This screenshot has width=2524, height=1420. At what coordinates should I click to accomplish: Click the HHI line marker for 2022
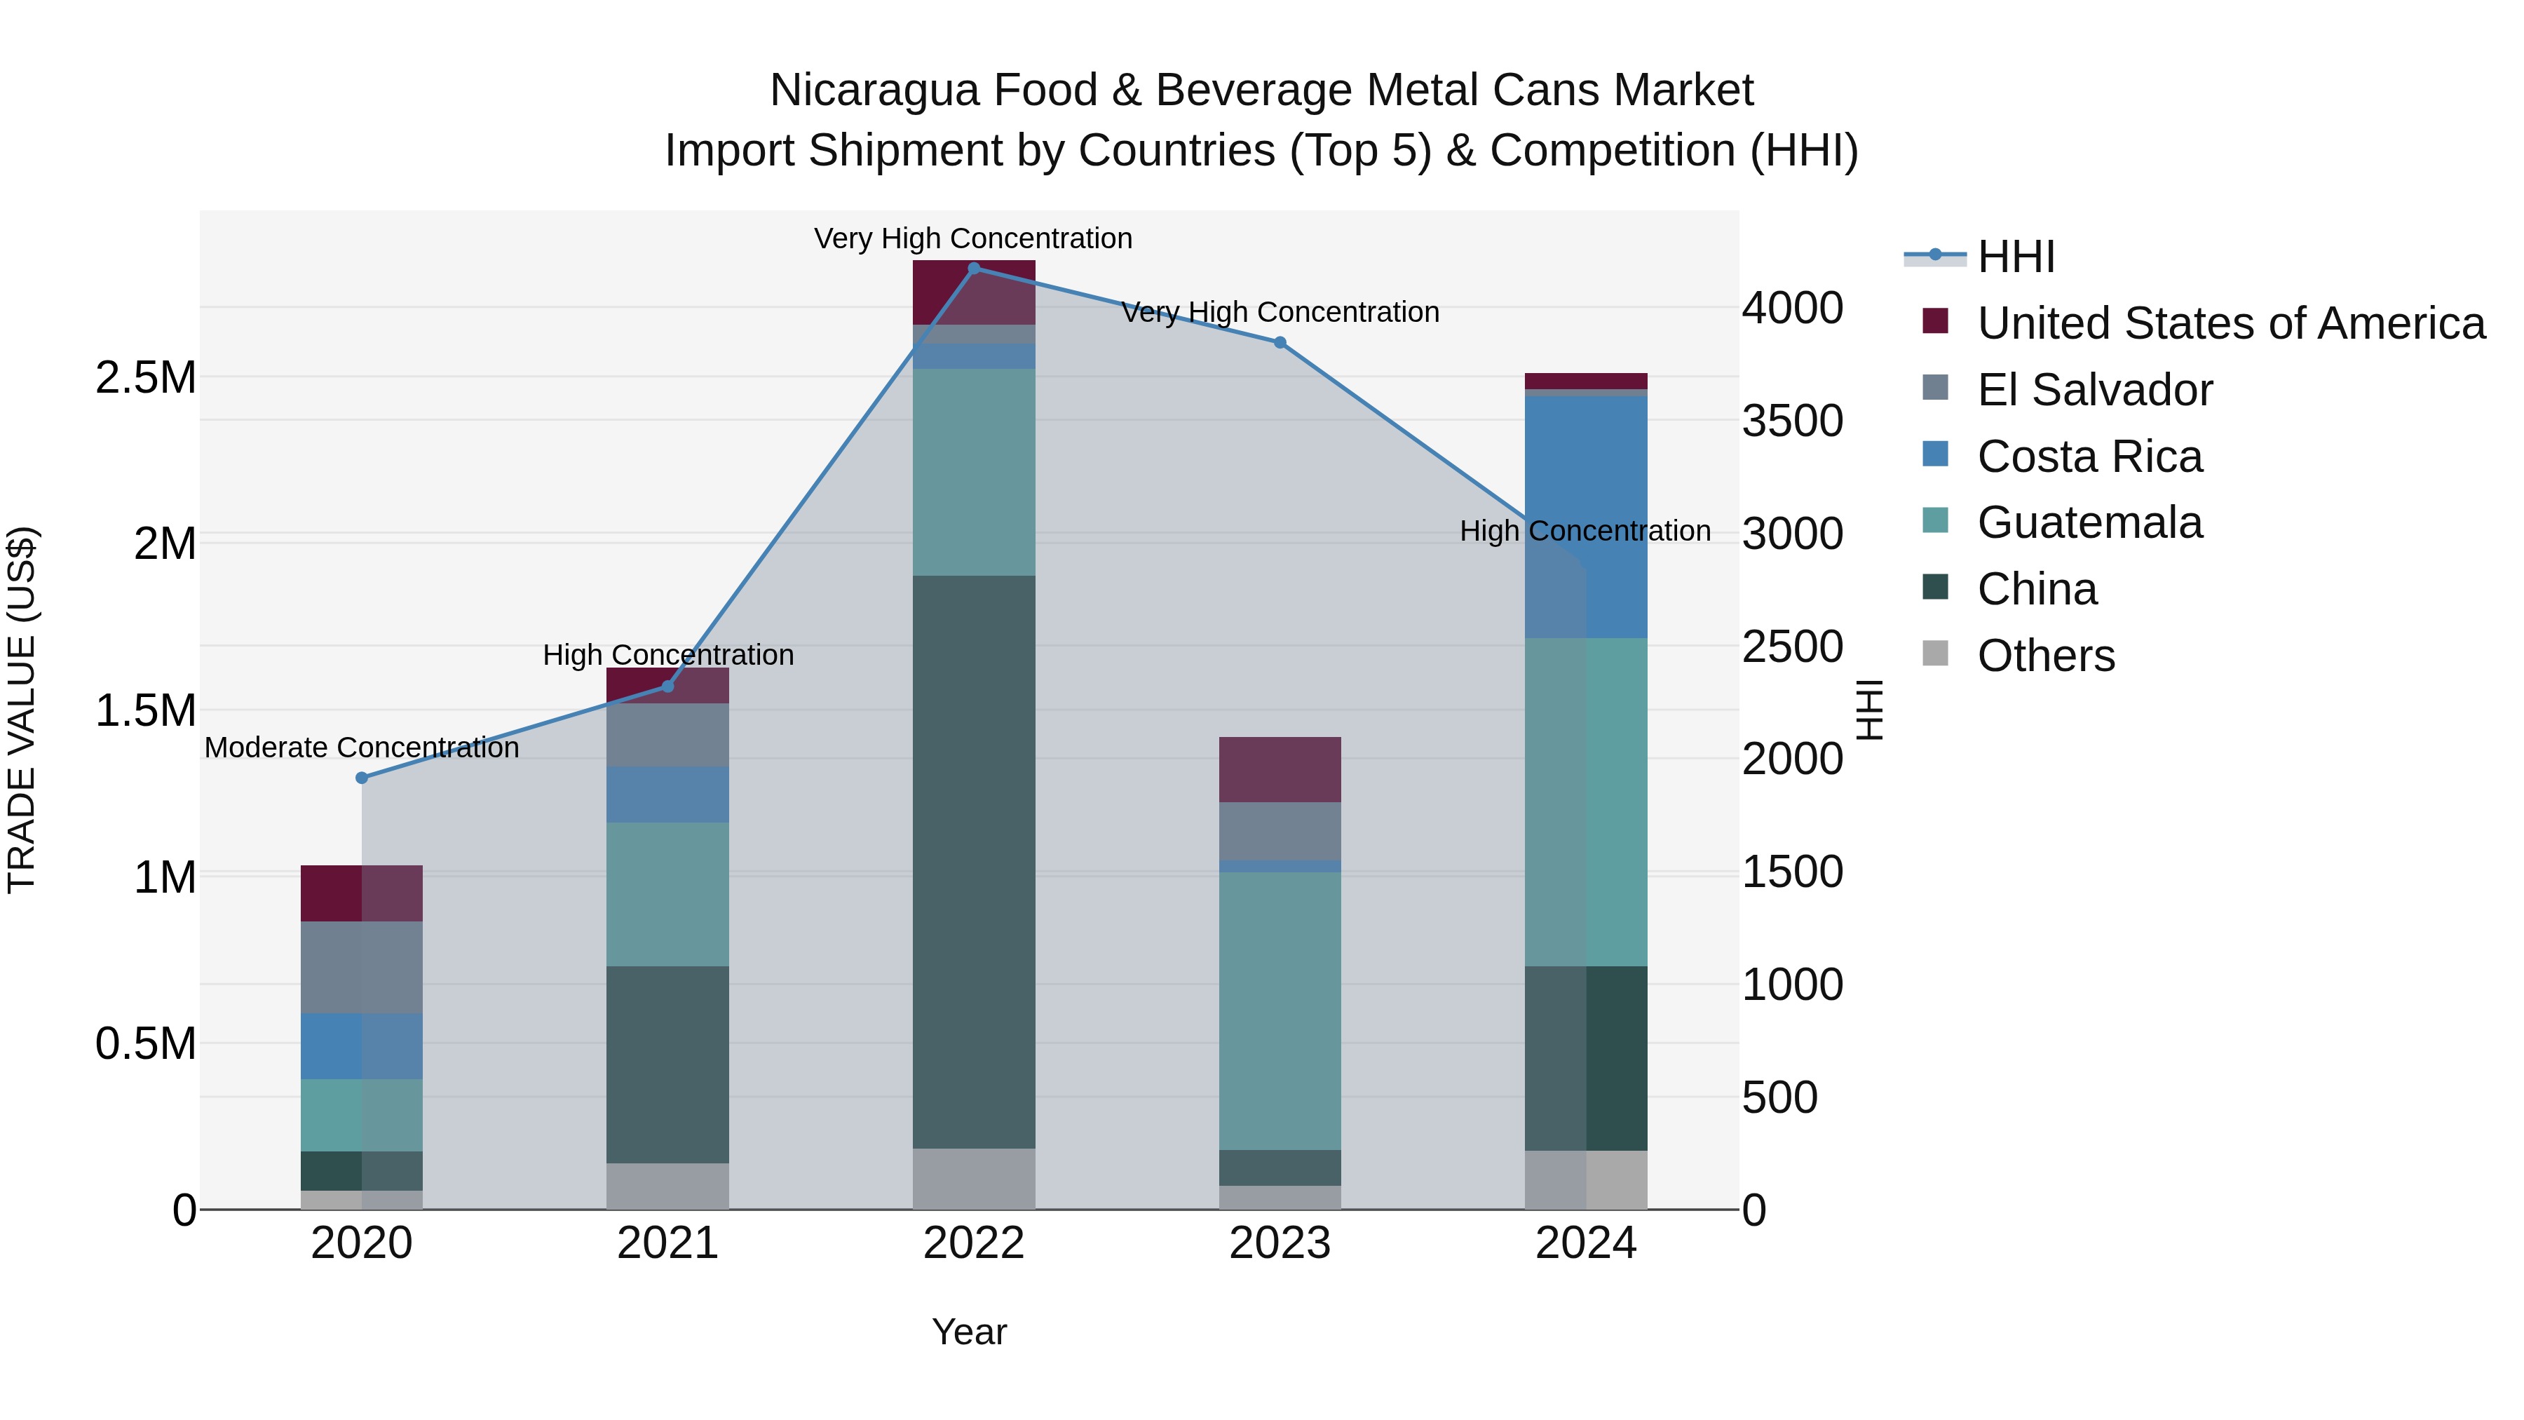[974, 269]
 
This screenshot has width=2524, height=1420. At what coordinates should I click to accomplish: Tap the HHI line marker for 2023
[1280, 343]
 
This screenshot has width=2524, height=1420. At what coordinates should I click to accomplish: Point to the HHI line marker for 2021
[668, 686]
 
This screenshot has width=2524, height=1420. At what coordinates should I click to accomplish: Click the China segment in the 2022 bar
[974, 863]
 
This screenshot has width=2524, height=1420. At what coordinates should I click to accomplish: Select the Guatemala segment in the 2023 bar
[1280, 1009]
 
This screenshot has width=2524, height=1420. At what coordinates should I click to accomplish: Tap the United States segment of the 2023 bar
[1280, 769]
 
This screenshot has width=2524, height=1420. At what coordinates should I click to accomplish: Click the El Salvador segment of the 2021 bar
[668, 735]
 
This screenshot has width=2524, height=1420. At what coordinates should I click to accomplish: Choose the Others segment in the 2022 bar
[974, 1179]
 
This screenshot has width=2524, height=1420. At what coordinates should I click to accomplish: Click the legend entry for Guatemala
[2089, 522]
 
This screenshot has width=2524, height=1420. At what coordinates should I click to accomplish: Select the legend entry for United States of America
[2230, 323]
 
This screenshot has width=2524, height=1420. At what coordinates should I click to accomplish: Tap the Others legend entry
[2045, 656]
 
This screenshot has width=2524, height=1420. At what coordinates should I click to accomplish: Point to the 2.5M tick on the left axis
[146, 377]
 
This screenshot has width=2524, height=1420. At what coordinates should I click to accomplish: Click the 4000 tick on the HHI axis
[1792, 308]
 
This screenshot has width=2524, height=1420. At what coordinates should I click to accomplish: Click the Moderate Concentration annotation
[362, 748]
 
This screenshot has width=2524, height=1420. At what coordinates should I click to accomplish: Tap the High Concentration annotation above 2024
[1585, 531]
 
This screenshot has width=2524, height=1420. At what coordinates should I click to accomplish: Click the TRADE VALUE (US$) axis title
[22, 710]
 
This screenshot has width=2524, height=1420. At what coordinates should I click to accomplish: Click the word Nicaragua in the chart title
[874, 90]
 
